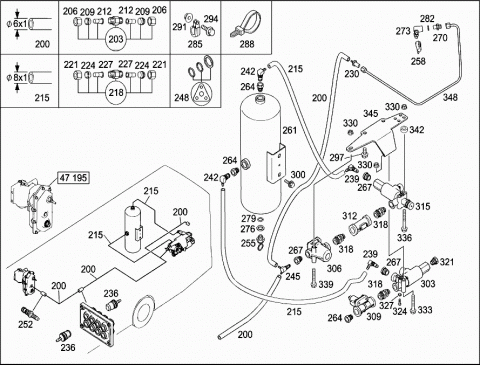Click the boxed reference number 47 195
pyautogui.click(x=73, y=178)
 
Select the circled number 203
pyautogui.click(x=116, y=39)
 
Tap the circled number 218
pyautogui.click(x=116, y=92)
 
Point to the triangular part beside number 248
pyautogui.click(x=201, y=95)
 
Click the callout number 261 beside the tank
pyautogui.click(x=289, y=130)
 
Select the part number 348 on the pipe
pyautogui.click(x=450, y=97)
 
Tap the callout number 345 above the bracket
pyautogui.click(x=370, y=114)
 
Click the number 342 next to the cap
pyautogui.click(x=417, y=130)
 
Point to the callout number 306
pyautogui.click(x=334, y=268)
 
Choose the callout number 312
pyautogui.click(x=349, y=216)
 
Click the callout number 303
pyautogui.click(x=428, y=284)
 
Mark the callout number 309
pyautogui.click(x=374, y=316)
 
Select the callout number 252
pyautogui.click(x=25, y=324)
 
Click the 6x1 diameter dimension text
pyautogui.click(x=20, y=24)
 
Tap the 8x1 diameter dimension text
pyautogui.click(x=20, y=78)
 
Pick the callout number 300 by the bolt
pyautogui.click(x=298, y=175)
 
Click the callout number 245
pyautogui.click(x=293, y=276)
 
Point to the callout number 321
pyautogui.click(x=447, y=262)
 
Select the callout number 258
pyautogui.click(x=418, y=61)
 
